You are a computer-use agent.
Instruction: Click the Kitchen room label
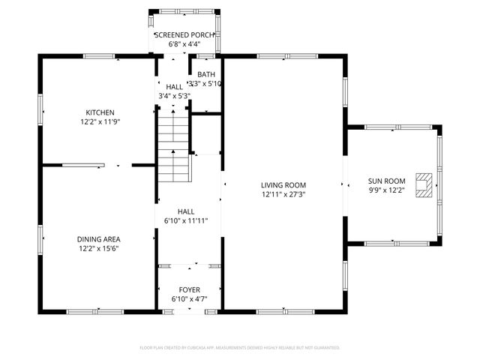(x=99, y=112)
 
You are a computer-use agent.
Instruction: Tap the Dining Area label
(x=99, y=239)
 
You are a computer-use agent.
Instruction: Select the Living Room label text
(x=283, y=185)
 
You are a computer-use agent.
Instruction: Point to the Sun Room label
(x=386, y=181)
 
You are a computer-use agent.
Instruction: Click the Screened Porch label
(x=184, y=35)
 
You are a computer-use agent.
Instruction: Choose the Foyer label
(x=189, y=289)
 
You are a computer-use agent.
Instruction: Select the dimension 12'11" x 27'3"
(x=283, y=194)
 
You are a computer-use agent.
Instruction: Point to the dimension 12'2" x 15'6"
(x=99, y=248)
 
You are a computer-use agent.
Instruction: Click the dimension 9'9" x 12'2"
(x=386, y=190)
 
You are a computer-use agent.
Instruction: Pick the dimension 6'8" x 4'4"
(x=184, y=44)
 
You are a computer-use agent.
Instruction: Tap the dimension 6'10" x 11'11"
(x=186, y=221)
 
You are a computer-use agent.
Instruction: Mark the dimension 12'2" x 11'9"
(x=99, y=121)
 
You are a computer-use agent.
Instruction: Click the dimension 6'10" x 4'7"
(x=189, y=299)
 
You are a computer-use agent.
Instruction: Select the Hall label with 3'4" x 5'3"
(x=174, y=87)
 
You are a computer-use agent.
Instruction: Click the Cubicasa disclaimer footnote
(x=240, y=348)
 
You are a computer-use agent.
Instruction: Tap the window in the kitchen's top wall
(x=98, y=56)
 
